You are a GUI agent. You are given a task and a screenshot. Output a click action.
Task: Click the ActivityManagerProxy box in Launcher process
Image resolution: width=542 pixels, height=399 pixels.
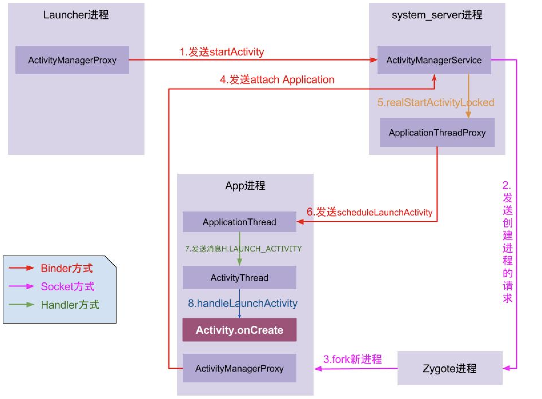[72, 60]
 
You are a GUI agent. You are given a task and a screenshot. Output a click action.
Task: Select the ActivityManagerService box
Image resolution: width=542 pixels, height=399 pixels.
[434, 60]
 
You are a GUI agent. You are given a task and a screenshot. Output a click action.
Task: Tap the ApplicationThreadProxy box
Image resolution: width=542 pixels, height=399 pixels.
[437, 133]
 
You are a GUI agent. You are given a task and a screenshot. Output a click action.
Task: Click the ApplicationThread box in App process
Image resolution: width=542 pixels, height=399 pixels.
[239, 222]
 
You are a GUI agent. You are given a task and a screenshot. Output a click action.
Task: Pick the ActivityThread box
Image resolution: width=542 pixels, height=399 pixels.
[239, 278]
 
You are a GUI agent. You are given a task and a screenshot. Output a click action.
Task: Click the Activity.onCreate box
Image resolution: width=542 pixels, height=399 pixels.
[239, 330]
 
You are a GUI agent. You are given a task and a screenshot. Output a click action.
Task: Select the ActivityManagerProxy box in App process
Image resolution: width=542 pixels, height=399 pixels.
[239, 368]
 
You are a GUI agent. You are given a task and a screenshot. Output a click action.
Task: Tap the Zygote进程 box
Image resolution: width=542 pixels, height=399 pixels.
[449, 368]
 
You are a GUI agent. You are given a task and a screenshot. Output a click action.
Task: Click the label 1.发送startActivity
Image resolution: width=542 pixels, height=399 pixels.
[222, 52]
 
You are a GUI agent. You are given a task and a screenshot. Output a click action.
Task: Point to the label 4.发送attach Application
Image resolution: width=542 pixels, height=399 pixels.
[277, 80]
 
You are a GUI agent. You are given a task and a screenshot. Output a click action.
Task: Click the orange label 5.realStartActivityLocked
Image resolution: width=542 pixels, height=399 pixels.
[435, 102]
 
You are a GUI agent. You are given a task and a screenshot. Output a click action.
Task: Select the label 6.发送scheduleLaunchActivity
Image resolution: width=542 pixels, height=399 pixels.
[370, 212]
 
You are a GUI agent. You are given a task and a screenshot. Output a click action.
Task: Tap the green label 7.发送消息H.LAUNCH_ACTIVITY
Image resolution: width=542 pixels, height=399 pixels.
[243, 249]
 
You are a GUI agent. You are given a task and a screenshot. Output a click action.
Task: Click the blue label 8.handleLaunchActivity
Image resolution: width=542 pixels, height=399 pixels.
[243, 303]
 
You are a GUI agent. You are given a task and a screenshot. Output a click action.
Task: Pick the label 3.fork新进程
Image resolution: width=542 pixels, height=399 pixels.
[352, 359]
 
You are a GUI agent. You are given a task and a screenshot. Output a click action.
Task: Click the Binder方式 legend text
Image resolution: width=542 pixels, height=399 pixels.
[67, 268]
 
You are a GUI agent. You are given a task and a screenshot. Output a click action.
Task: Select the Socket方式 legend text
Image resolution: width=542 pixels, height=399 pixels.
[67, 286]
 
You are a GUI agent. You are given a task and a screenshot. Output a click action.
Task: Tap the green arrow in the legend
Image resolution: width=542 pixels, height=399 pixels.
[21, 305]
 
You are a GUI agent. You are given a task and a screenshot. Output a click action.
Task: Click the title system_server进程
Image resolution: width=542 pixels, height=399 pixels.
[437, 15]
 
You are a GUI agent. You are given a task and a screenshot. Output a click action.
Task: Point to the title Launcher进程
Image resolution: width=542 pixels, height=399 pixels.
[76, 15]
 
